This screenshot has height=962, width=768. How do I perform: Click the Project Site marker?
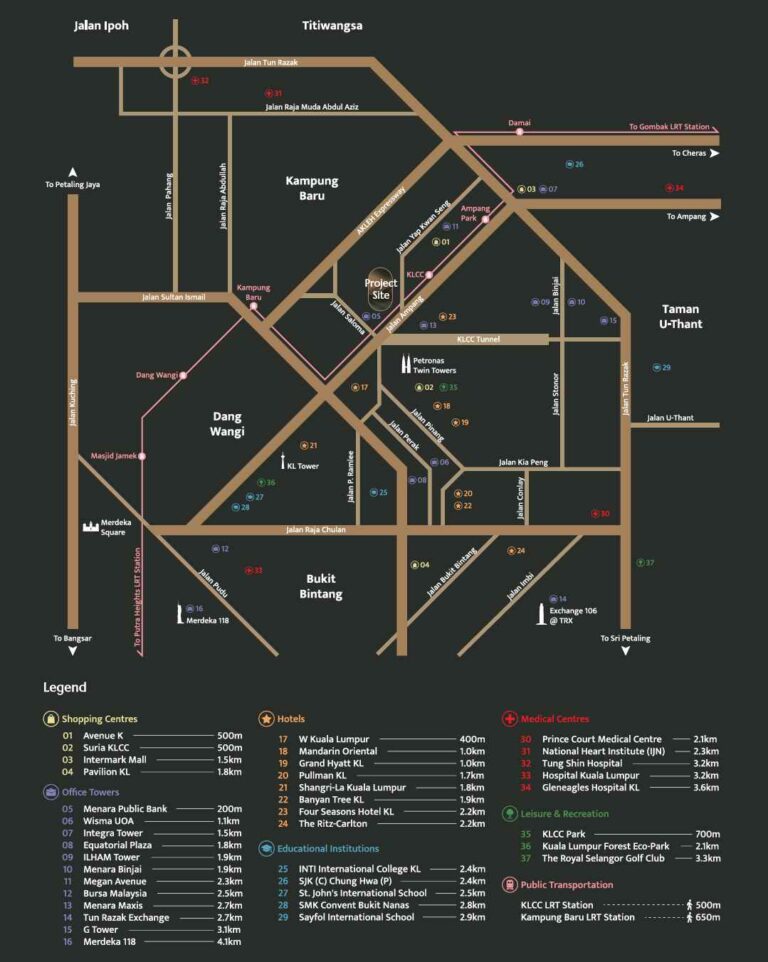[381, 283]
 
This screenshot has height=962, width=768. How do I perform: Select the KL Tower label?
[302, 466]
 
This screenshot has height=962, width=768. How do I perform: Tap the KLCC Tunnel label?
[478, 340]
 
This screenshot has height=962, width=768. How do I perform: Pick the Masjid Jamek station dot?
[143, 456]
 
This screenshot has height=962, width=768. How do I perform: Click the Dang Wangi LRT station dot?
[184, 375]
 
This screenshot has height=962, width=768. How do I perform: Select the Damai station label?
[520, 123]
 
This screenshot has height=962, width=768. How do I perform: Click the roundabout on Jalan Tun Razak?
[176, 62]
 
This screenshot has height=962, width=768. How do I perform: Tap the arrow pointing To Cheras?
[715, 153]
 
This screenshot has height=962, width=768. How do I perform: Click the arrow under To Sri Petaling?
[625, 651]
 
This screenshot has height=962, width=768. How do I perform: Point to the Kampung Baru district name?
[312, 188]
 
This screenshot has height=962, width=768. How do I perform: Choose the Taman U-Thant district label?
[680, 316]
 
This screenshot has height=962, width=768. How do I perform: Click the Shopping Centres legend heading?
[99, 719]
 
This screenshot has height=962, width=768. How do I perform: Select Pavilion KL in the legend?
[110, 772]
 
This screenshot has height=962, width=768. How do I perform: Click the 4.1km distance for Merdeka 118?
[230, 942]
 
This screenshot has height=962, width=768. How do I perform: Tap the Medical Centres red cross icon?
[509, 719]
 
